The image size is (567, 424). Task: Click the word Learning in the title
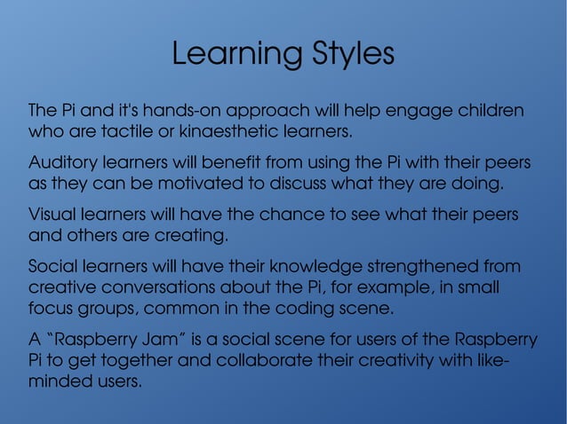point(226,55)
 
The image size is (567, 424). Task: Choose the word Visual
point(52,215)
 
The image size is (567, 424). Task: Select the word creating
point(196,237)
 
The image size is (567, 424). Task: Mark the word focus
point(51,310)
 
